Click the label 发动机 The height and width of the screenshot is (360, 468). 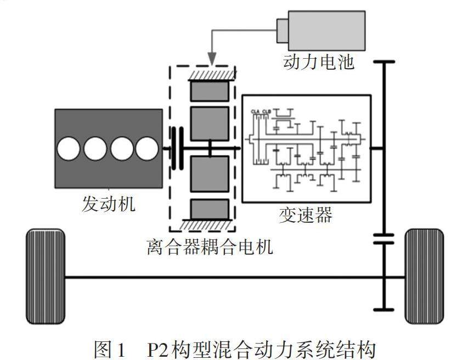(x=108, y=204)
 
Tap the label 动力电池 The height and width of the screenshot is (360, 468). (x=318, y=61)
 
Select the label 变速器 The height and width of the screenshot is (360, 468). (x=306, y=215)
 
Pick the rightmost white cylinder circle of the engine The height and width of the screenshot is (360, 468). (x=146, y=149)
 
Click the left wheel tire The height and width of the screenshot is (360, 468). (x=46, y=276)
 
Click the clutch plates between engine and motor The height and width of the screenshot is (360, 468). (x=177, y=148)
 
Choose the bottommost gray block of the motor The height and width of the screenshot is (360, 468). (x=209, y=209)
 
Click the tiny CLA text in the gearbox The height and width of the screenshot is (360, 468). (x=255, y=111)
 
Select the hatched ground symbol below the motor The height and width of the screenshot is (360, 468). (x=209, y=223)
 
